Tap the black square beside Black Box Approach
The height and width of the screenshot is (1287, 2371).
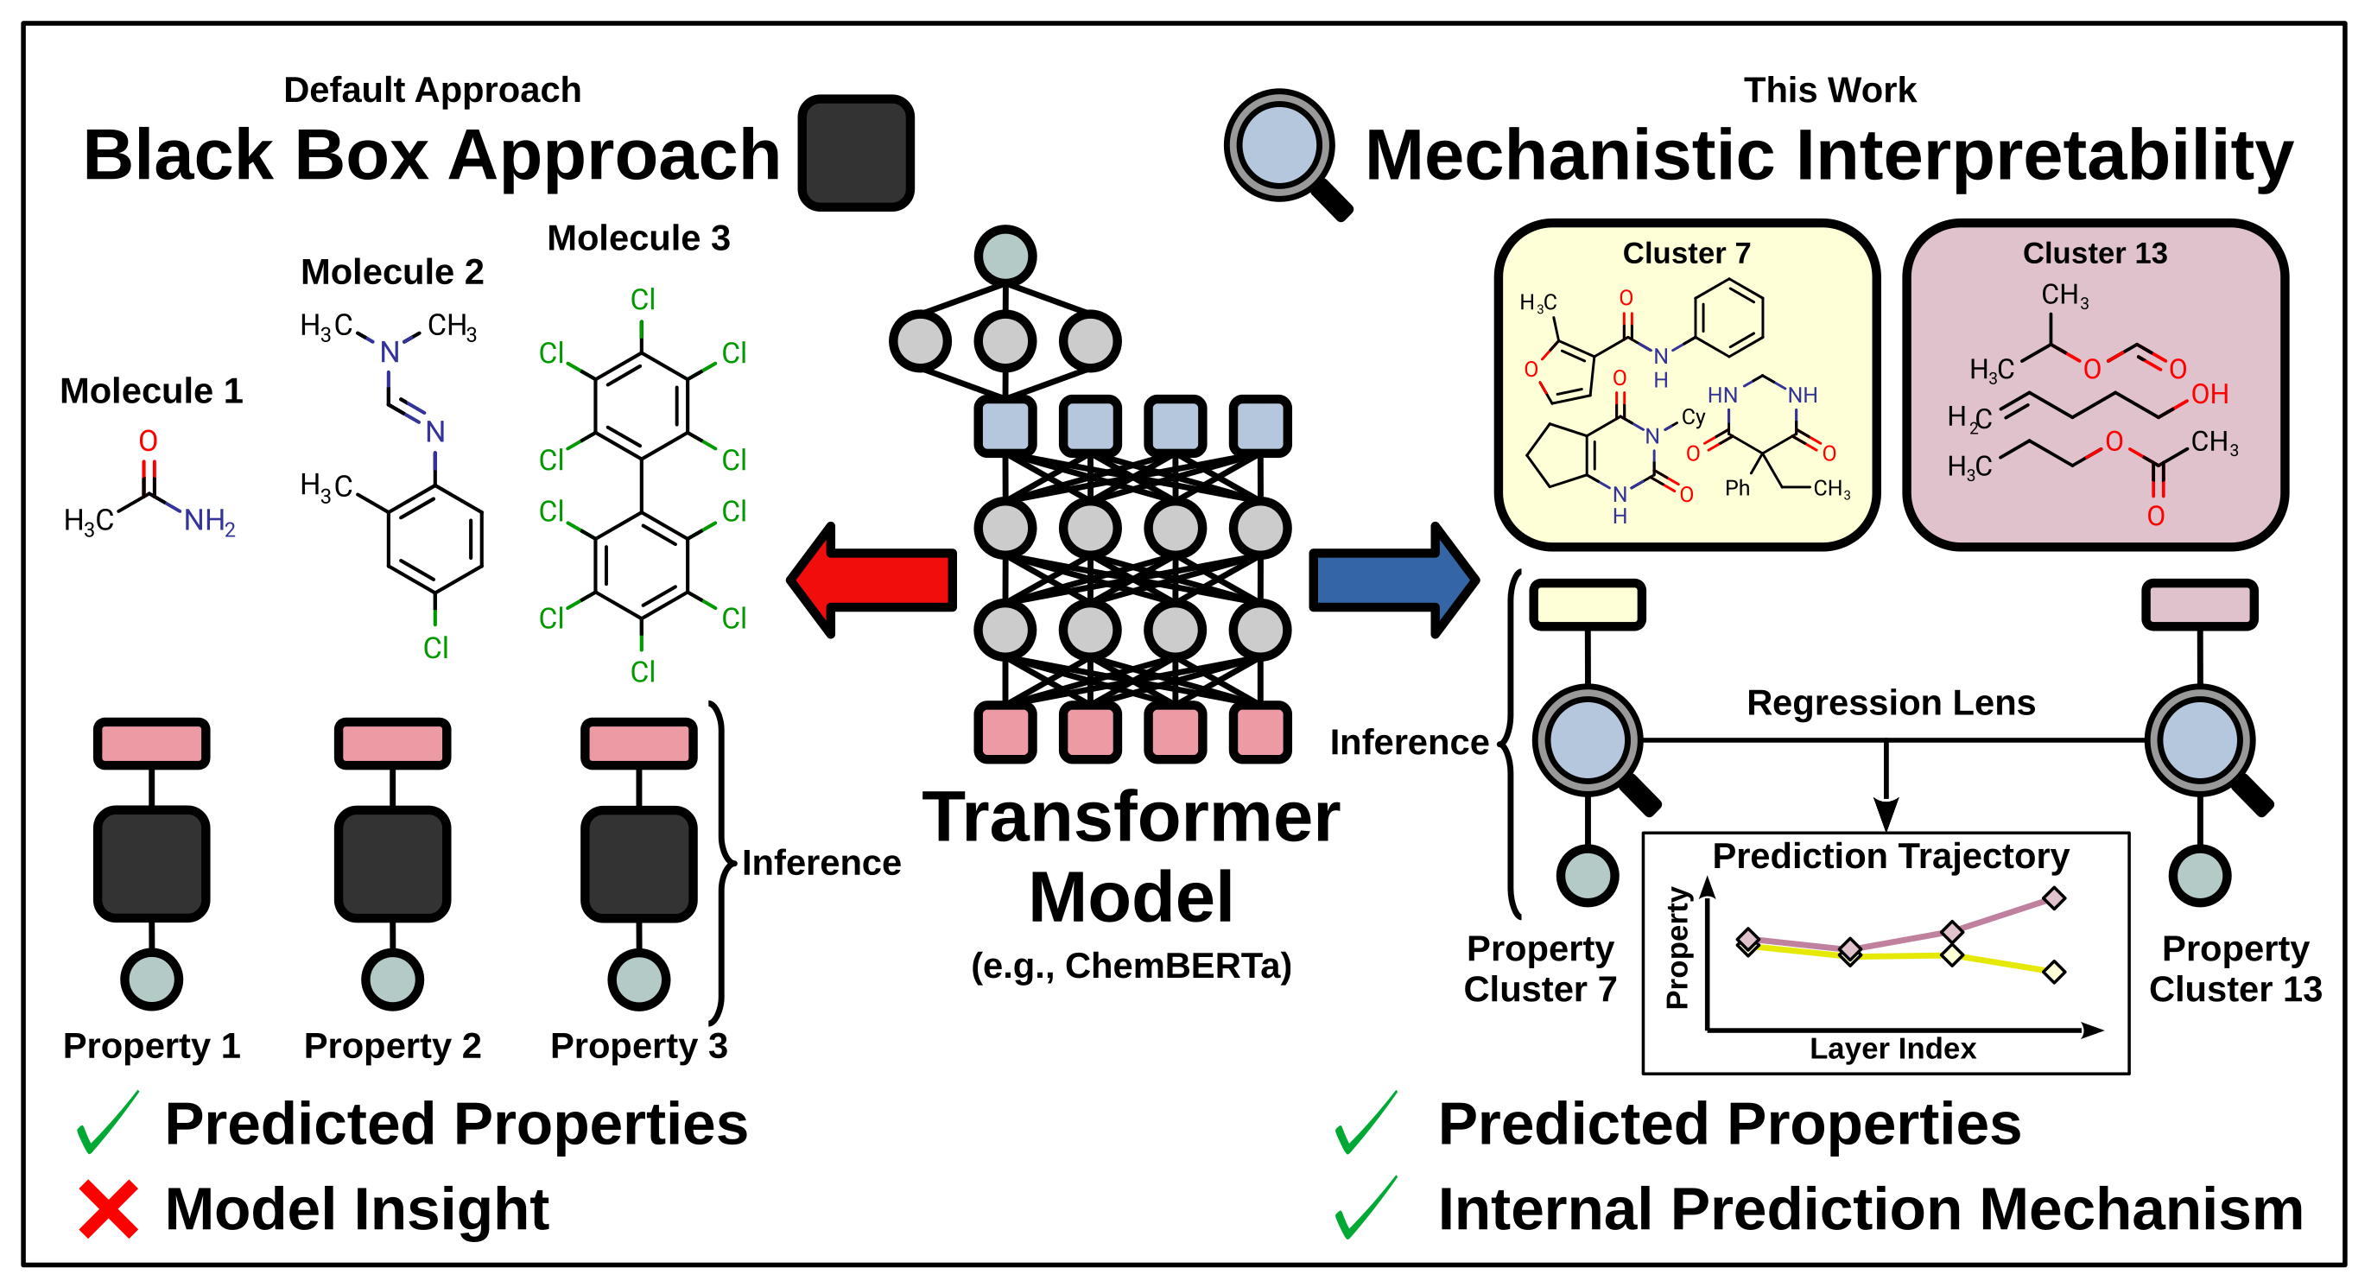855,153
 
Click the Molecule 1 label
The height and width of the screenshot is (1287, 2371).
151,391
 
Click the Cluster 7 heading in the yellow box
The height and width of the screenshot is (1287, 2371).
1685,253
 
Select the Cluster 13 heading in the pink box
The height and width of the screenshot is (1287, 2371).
2094,253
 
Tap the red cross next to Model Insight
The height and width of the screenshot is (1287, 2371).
109,1208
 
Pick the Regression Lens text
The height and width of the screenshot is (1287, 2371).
1891,702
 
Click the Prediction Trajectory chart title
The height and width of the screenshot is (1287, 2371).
1890,856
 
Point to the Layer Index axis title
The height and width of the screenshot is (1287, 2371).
1892,1049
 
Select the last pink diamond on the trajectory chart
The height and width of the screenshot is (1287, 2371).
2053,898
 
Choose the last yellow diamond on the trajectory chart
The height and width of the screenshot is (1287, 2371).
2053,972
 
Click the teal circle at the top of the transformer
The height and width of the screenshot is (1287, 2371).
1005,256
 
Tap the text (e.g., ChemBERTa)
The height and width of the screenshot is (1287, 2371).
1132,966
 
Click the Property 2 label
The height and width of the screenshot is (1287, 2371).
392,1046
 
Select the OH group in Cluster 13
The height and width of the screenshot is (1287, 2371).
2209,394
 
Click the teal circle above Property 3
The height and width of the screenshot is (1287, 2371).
639,979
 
